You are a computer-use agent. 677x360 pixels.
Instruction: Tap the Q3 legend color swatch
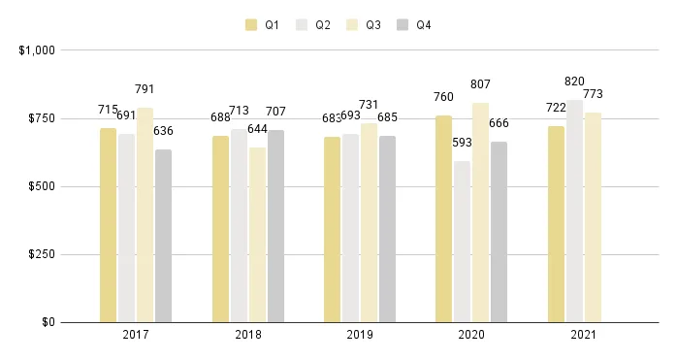[x=352, y=25]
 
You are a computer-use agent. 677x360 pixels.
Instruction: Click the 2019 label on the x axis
[x=360, y=335]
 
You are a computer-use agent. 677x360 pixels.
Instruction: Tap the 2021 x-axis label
[x=584, y=335]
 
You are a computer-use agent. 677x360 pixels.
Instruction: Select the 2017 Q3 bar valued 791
[x=145, y=214]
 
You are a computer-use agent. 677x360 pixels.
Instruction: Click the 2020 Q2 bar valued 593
[x=462, y=242]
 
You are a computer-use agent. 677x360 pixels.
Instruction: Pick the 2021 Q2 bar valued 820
[x=574, y=211]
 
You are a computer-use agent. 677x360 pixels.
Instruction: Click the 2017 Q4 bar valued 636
[x=163, y=236]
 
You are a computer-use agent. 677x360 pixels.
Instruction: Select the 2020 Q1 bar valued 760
[x=443, y=218]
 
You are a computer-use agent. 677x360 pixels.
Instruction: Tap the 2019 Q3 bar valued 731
[x=369, y=222]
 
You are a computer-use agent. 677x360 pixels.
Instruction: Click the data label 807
[x=480, y=84]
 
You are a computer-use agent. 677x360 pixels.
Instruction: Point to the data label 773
[x=593, y=93]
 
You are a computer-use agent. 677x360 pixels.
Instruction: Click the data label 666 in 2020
[x=500, y=122]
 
